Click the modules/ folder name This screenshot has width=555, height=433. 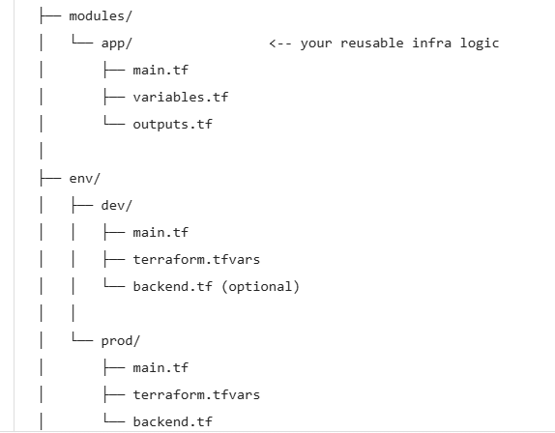(x=101, y=16)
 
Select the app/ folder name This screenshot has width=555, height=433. (x=116, y=43)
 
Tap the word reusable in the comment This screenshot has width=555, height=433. (x=372, y=43)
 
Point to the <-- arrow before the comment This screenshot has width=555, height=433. (x=280, y=43)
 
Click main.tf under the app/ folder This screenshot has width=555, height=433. (x=161, y=70)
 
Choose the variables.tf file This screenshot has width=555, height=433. (x=181, y=97)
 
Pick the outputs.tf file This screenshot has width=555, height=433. (x=172, y=124)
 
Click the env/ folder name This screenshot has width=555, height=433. (x=84, y=178)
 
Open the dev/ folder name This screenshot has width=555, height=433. (x=116, y=205)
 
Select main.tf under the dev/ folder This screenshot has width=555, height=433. (x=161, y=232)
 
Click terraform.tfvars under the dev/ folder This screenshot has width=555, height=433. (x=196, y=259)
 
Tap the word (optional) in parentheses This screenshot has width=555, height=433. (x=260, y=286)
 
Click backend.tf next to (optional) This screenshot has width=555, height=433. (x=172, y=286)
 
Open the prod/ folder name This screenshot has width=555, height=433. (x=120, y=341)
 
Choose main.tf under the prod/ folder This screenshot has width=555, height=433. (x=161, y=368)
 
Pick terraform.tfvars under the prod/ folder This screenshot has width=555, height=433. (x=196, y=394)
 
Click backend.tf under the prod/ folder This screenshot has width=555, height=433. (x=172, y=421)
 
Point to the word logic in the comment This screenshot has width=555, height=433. (x=480, y=43)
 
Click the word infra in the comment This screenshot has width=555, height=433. (x=431, y=43)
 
